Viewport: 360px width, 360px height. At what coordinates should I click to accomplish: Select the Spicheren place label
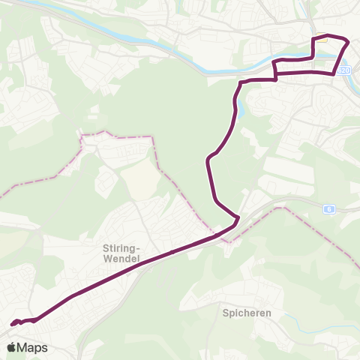241,312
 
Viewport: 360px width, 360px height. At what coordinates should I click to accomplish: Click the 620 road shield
344,70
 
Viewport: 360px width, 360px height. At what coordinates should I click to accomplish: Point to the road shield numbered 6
328,208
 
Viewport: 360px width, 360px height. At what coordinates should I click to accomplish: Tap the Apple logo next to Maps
11,347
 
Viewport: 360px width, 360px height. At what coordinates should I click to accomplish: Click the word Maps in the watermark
32,347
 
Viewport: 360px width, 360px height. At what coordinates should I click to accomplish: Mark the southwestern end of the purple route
13,324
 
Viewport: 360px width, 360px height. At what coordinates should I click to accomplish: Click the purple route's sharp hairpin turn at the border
238,220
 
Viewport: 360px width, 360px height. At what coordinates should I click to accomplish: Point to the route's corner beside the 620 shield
334,73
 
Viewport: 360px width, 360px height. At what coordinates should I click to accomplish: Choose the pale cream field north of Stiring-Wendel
139,180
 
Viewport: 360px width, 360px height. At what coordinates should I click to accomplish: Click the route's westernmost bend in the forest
207,159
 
